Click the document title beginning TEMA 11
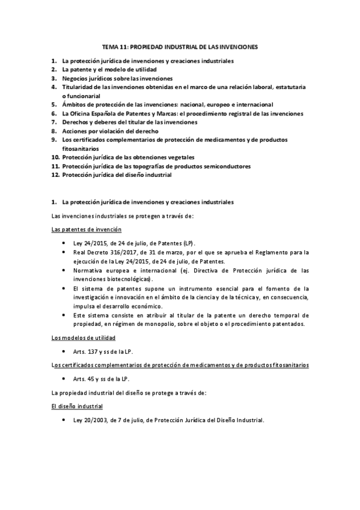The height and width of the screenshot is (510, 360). (180, 46)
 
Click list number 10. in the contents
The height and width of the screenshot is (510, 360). (55, 157)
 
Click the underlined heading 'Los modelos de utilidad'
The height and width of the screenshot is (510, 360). (84, 338)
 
